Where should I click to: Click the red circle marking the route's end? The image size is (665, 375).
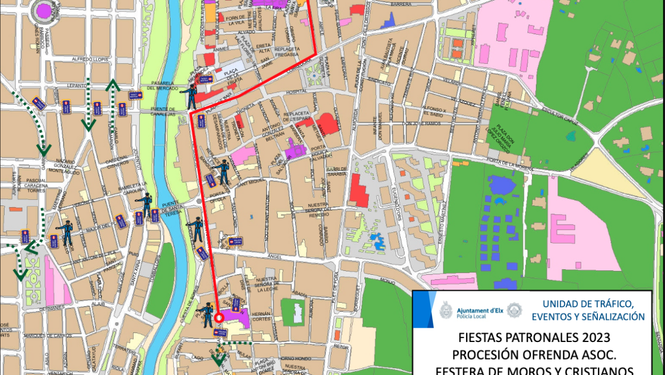pyautogui.click(x=219, y=317)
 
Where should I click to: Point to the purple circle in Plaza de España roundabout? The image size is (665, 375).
pyautogui.click(x=44, y=10)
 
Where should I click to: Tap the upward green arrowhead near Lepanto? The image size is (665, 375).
pyautogui.click(x=113, y=86)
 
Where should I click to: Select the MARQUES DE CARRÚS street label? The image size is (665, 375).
pyautogui.click(x=47, y=336)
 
